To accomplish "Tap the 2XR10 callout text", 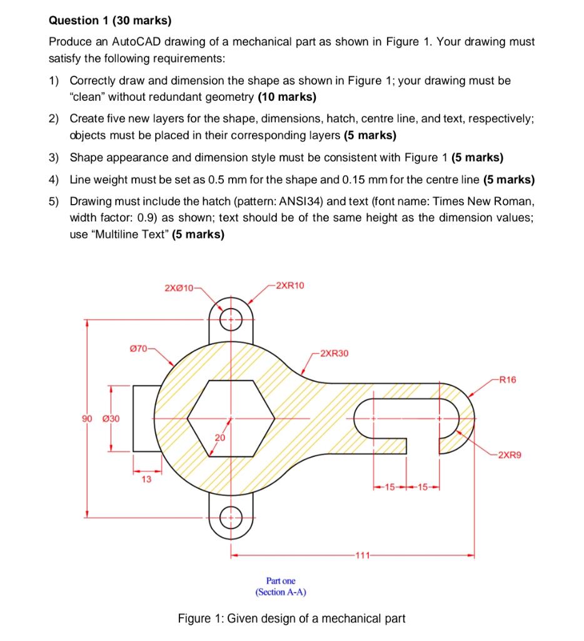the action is [x=289, y=285].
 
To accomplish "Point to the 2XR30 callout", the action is [x=334, y=354].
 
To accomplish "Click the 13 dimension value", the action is [x=146, y=479].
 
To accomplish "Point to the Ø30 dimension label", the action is [x=112, y=418].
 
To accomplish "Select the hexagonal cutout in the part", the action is [x=231, y=418].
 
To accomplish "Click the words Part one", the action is [x=281, y=581].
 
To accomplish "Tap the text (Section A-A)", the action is [x=281, y=592].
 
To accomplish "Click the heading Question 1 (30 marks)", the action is [x=110, y=21].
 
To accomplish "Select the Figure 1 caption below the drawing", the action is [x=291, y=618].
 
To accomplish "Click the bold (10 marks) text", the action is [x=287, y=97].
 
